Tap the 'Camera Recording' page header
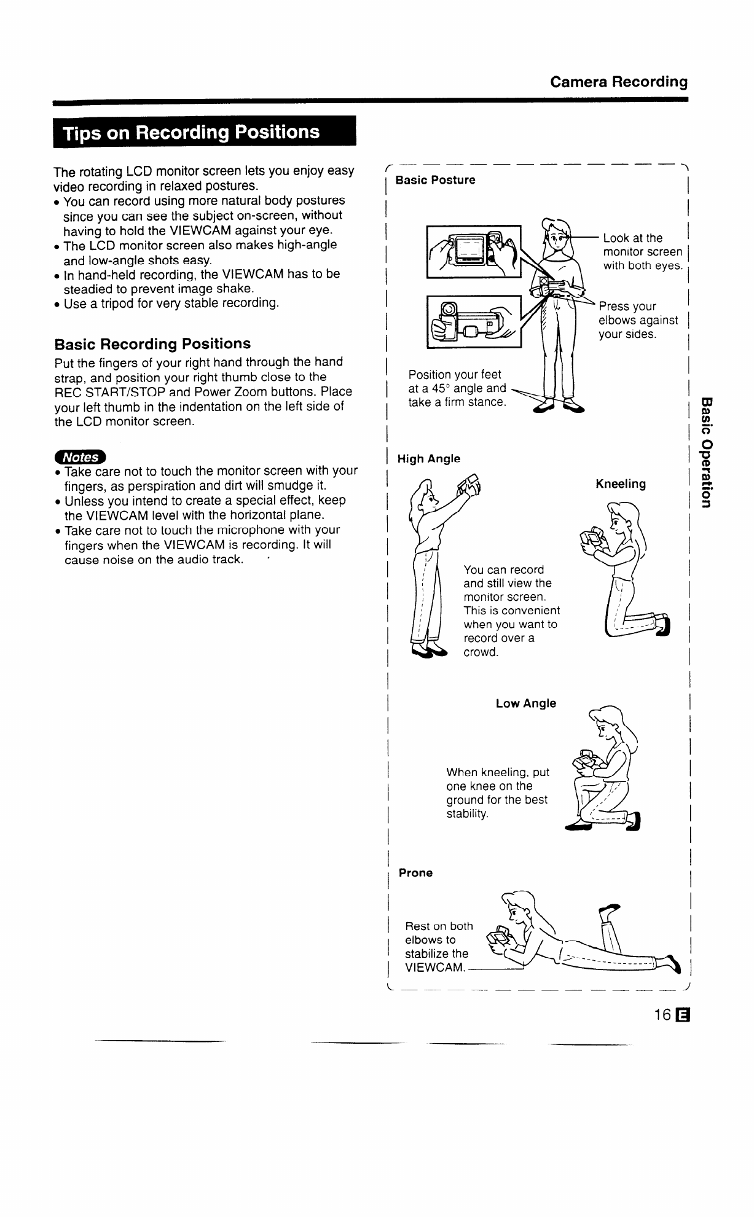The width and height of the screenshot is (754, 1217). click(x=618, y=82)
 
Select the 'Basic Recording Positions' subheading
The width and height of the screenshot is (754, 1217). click(x=152, y=343)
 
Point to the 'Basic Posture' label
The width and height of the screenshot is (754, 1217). click(x=435, y=180)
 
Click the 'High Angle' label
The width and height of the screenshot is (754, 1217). click(x=429, y=458)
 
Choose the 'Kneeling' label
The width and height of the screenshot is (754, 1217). click(x=621, y=484)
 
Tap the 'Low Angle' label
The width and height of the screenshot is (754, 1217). click(x=525, y=703)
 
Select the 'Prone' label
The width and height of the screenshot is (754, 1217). click(x=415, y=872)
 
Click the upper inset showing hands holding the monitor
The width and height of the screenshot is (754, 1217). click(x=473, y=252)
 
